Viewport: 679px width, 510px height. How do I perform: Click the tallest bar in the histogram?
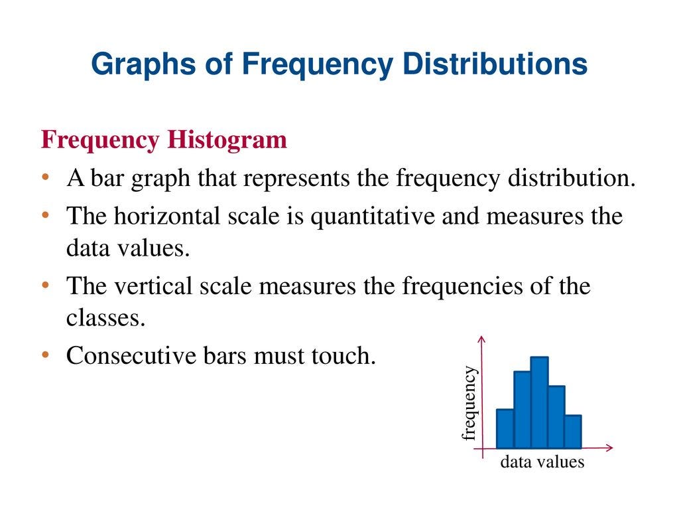coord(540,402)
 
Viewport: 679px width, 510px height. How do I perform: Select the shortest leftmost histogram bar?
coord(505,428)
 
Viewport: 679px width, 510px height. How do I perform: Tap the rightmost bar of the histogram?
coord(574,432)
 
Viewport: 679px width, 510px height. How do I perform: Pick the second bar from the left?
coord(523,410)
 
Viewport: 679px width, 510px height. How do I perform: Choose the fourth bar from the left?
coord(557,417)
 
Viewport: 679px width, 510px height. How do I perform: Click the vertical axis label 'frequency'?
coord(469,403)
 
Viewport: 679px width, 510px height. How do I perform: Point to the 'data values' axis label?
coord(542,462)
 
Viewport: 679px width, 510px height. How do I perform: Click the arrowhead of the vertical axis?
coord(482,339)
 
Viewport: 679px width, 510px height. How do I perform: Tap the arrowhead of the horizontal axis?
coord(610,448)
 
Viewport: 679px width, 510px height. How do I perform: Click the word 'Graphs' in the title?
coord(143,65)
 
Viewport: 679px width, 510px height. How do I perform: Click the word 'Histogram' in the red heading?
coord(227,139)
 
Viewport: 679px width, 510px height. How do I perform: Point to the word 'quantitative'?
coord(373,217)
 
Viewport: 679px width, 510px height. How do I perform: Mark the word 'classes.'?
coord(105,318)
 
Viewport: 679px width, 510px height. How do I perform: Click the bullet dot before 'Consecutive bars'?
coord(46,355)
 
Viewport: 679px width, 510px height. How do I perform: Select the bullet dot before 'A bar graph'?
coord(46,177)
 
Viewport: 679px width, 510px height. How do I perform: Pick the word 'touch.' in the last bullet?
coord(343,356)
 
